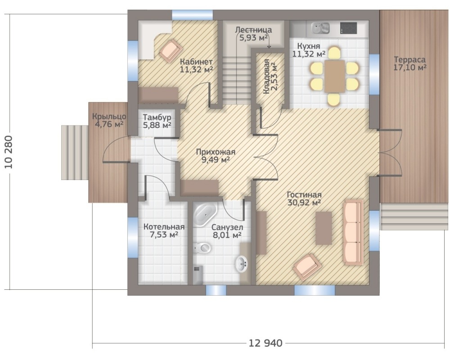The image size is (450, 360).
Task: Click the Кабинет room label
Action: click(x=196, y=62)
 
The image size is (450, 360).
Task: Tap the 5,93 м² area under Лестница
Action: click(x=253, y=38)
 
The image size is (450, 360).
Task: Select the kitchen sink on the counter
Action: click(x=321, y=28)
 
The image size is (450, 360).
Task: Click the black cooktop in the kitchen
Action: click(x=348, y=28)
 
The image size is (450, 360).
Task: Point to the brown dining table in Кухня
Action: click(x=335, y=76)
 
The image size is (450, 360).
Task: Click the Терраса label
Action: click(x=409, y=60)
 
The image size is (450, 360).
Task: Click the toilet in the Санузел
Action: click(x=202, y=248)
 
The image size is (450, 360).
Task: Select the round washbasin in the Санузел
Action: click(x=242, y=264)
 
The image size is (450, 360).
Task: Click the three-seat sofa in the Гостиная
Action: click(x=353, y=232)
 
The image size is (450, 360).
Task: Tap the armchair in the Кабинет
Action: click(x=171, y=50)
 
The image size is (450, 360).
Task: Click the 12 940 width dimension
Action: click(x=265, y=343)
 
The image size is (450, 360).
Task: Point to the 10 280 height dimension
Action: click(x=9, y=152)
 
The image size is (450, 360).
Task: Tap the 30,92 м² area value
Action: click(x=304, y=202)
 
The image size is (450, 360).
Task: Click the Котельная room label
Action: click(x=164, y=226)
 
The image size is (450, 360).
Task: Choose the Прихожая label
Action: click(x=216, y=152)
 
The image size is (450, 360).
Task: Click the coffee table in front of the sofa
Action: click(x=324, y=228)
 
